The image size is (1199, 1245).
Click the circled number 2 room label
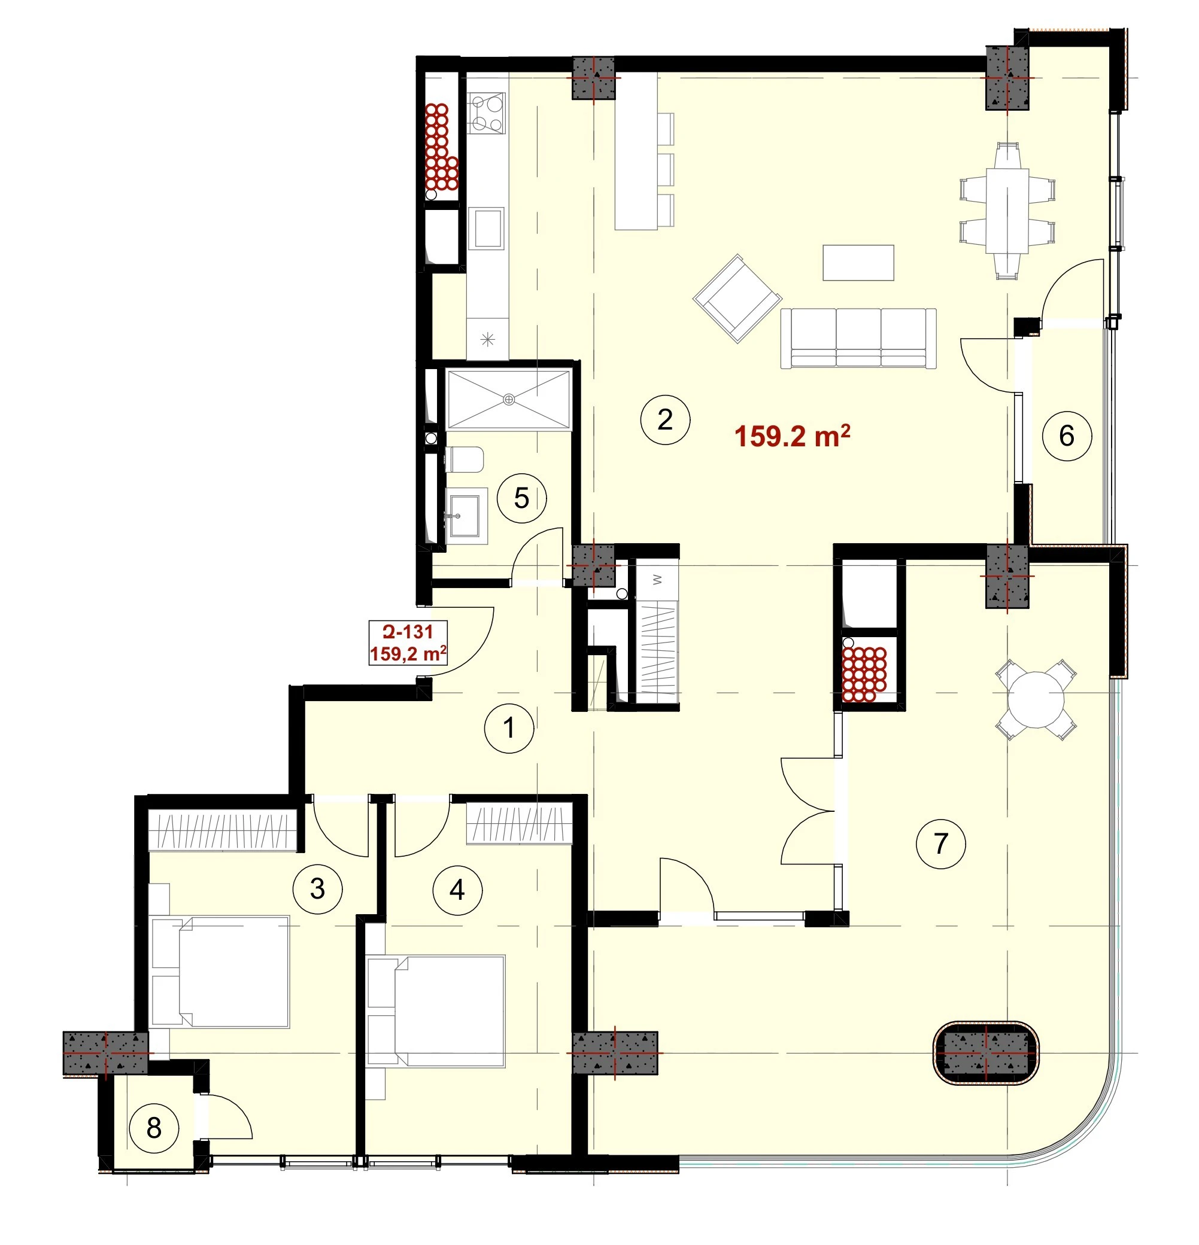[664, 419]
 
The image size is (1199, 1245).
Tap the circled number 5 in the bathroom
[521, 498]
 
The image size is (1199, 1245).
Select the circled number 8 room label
[154, 1128]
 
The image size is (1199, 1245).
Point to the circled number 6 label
[1067, 436]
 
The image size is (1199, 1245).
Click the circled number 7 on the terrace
[941, 844]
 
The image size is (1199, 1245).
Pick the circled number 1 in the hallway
[509, 728]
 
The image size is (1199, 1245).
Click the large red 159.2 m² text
[793, 436]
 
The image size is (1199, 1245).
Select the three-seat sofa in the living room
[858, 338]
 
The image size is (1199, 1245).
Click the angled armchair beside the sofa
[737, 299]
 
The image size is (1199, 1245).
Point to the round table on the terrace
[1036, 699]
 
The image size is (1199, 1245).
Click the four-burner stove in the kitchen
[487, 112]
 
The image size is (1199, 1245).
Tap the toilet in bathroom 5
[465, 459]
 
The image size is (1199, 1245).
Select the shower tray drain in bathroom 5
[508, 400]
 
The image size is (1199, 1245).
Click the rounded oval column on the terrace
[985, 1052]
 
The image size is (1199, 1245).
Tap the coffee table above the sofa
[858, 262]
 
